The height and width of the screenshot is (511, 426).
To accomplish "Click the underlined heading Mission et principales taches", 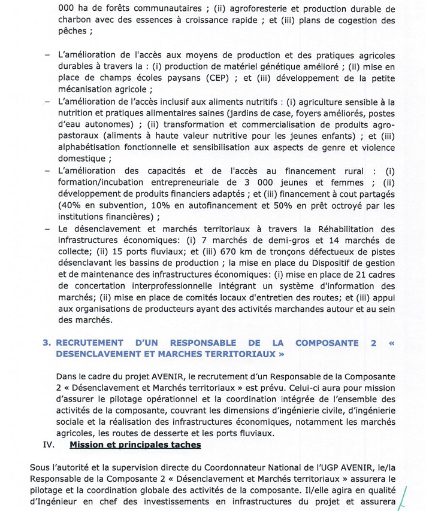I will pos(135,445).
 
